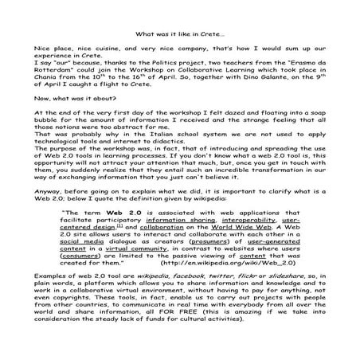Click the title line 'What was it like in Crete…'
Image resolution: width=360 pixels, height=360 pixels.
tap(179, 33)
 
